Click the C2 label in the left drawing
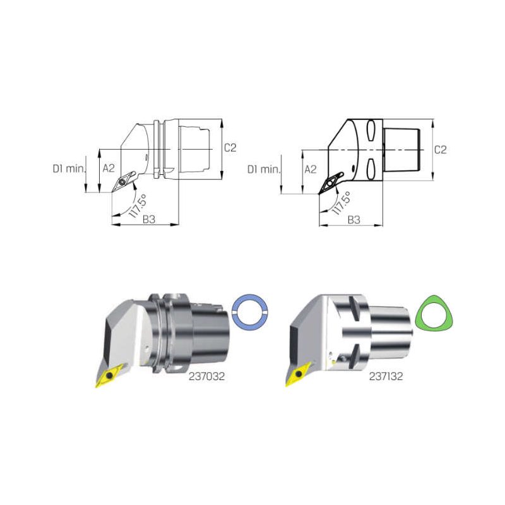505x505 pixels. tap(230, 148)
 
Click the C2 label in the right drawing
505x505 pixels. tap(440, 150)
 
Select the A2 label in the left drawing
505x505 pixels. tap(109, 168)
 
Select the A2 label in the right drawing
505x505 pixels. tap(311, 169)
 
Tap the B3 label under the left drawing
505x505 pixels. tap(149, 219)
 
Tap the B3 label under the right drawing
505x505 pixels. tap(354, 220)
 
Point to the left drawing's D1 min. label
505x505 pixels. tap(69, 169)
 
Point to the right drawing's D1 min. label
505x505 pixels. tap(264, 169)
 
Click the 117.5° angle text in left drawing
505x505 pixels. tap(138, 206)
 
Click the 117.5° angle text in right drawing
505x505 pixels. tap(341, 203)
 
